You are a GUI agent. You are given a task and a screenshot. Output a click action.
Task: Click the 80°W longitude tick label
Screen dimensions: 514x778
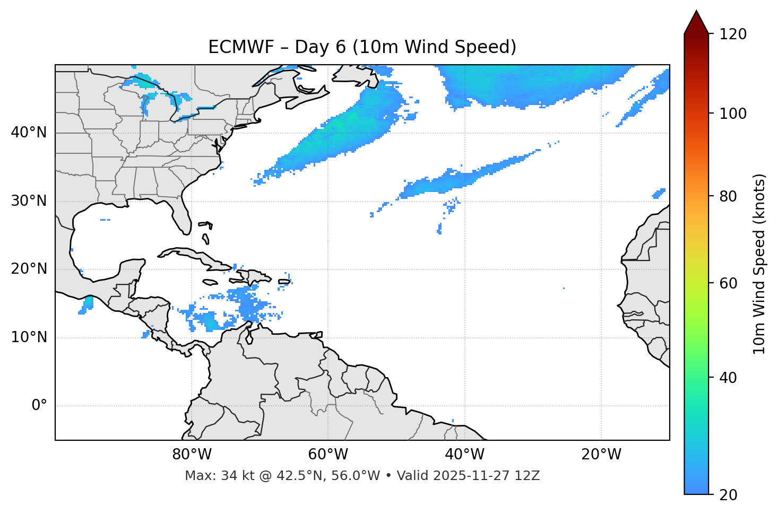pos(192,455)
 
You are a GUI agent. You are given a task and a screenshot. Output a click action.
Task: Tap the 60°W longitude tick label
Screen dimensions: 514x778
pos(327,455)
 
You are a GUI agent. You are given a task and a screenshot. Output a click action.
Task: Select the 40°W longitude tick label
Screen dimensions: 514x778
pos(464,455)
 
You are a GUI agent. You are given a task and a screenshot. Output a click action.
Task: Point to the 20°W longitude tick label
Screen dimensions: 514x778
pos(601,455)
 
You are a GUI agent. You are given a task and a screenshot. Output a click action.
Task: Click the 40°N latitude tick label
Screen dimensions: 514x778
pos(29,133)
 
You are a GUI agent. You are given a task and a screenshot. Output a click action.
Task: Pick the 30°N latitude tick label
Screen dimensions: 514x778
pos(29,201)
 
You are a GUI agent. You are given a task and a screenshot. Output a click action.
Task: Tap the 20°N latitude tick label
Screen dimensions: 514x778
pos(29,269)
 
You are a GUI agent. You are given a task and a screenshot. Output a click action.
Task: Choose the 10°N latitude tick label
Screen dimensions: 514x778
pos(29,337)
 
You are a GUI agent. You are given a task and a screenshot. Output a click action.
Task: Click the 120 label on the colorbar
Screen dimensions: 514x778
pos(733,34)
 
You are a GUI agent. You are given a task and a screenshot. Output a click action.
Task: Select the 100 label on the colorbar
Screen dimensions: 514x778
pos(733,114)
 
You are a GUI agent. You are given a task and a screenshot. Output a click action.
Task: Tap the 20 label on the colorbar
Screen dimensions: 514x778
pos(729,495)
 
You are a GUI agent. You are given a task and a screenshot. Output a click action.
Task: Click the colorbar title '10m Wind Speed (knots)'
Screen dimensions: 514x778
pos(759,264)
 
